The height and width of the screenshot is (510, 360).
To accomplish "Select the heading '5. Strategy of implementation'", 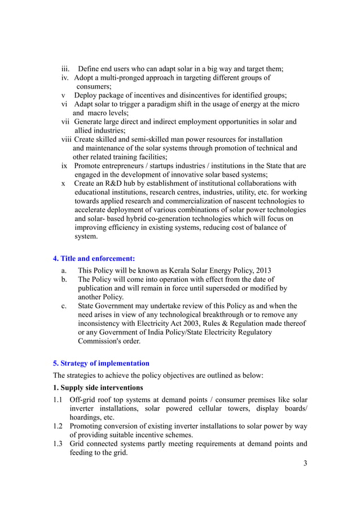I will [x=101, y=363].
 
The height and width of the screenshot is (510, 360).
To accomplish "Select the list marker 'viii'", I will [x=67, y=139].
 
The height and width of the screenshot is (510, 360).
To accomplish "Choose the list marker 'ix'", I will [x=65, y=166].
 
